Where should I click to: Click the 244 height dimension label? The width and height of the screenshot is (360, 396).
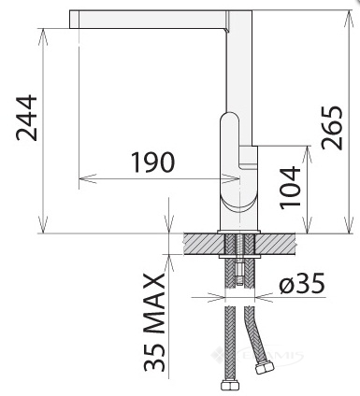pyautogui.click(x=27, y=118)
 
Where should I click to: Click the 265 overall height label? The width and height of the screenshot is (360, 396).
pyautogui.click(x=332, y=128)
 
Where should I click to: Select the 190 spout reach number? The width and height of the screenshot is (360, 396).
pyautogui.click(x=152, y=163)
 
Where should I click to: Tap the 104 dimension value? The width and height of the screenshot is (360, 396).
pyautogui.click(x=290, y=188)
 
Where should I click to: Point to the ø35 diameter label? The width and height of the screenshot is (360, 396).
pyautogui.click(x=302, y=283)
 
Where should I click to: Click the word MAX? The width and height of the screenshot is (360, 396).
pyautogui.click(x=154, y=304)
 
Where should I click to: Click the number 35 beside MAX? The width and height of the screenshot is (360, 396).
pyautogui.click(x=154, y=357)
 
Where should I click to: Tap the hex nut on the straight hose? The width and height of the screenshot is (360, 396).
pyautogui.click(x=230, y=386)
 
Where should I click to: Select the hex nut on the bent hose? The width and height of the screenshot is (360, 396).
pyautogui.click(x=265, y=367)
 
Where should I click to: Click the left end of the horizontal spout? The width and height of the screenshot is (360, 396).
pyautogui.click(x=70, y=20)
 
